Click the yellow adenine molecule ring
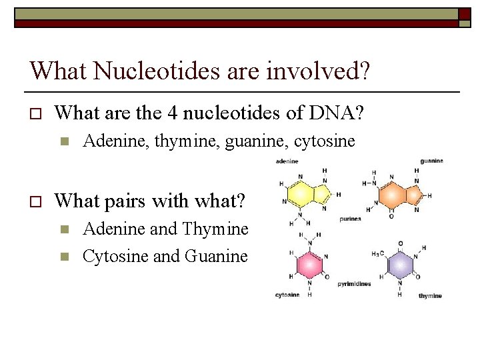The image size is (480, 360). pos(303,194)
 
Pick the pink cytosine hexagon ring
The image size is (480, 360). pos(309,265)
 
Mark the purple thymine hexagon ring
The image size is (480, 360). pos(399,266)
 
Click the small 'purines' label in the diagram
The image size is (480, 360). pos(350,218)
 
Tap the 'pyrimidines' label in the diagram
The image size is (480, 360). pos(354,283)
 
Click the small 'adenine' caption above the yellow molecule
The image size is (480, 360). pos(287,161)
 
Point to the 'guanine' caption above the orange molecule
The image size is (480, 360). pos(431,161)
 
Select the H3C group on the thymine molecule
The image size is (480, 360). pos(377,254)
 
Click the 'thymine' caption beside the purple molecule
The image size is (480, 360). pos(430,295)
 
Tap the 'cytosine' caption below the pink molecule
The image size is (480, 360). pos(287,295)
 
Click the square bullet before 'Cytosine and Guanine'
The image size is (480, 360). pos(63,257)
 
